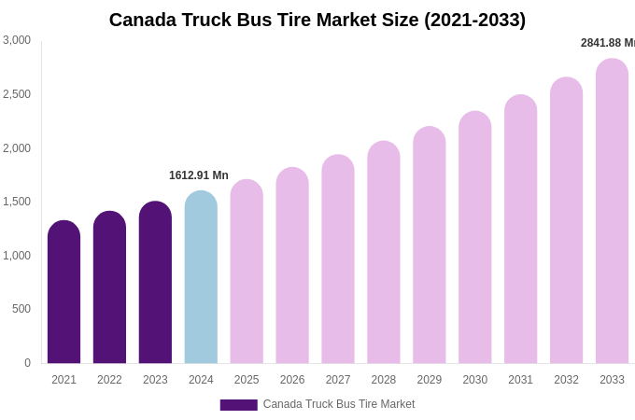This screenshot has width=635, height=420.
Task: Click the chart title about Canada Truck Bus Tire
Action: [x=317, y=20]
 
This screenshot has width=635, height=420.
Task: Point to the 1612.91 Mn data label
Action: [x=199, y=175]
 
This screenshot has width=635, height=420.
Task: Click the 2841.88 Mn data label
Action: [x=607, y=43]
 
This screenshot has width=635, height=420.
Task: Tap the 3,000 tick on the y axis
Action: [x=17, y=40]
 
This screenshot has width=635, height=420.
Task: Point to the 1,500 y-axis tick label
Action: [x=17, y=202]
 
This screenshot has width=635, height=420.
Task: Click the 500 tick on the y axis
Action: [x=21, y=309]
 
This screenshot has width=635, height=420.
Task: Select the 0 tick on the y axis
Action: [x=27, y=363]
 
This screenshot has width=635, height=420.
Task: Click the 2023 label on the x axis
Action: [x=155, y=380]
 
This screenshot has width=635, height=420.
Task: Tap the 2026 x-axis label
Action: [x=292, y=380]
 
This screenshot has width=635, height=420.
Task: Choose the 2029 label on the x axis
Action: [x=430, y=380]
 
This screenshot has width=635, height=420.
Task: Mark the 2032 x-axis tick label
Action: [x=566, y=380]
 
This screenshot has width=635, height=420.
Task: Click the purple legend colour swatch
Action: [x=238, y=405]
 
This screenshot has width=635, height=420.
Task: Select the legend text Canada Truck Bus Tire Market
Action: [x=339, y=404]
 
